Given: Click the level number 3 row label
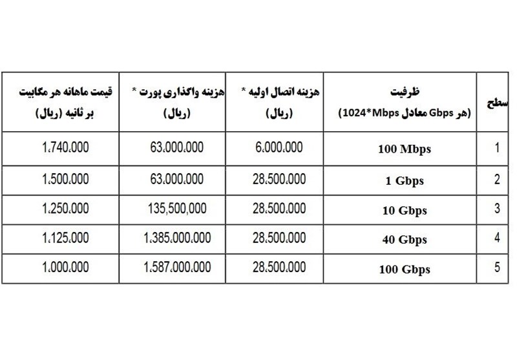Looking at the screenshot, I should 496,209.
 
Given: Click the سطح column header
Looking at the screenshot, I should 495,104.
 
